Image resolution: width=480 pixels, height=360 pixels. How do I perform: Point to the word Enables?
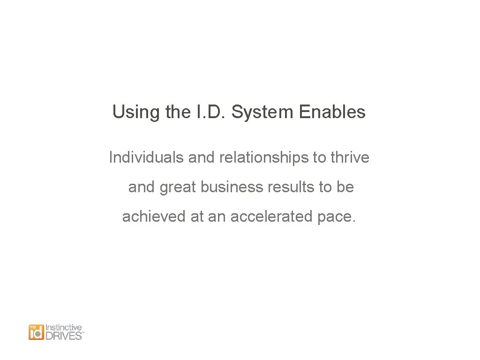[332, 112]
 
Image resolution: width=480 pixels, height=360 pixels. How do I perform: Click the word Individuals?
[146, 157]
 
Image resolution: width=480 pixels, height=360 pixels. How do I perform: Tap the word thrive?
[350, 157]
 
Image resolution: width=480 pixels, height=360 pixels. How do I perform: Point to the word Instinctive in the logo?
[64, 328]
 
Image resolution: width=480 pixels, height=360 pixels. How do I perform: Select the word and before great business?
[142, 187]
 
